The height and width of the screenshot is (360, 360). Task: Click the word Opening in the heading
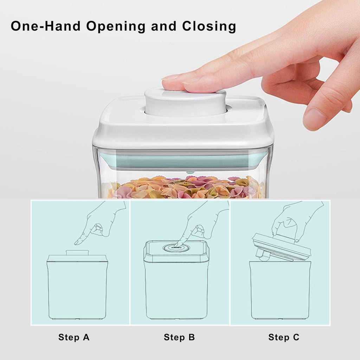[x=116, y=26]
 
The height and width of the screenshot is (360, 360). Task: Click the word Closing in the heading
[x=209, y=26]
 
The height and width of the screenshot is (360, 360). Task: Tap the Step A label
[x=74, y=337]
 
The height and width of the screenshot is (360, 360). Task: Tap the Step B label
[x=179, y=337]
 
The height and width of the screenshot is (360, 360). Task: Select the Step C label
[x=284, y=337]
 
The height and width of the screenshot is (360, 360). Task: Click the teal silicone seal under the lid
[x=183, y=161]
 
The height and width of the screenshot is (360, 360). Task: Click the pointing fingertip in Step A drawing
[x=77, y=243]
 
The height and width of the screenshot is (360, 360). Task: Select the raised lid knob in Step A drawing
[x=77, y=252]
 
